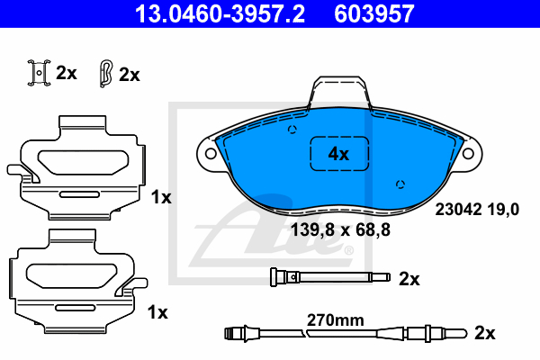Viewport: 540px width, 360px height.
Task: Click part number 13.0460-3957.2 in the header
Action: coord(220,13)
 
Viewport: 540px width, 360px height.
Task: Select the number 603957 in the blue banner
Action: coord(374,13)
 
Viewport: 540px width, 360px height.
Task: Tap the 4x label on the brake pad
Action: coord(338,154)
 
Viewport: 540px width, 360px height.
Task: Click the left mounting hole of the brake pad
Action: coord(211,153)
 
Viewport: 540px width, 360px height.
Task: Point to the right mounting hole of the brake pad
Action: coord(468,153)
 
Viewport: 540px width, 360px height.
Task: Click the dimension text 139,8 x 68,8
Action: coord(340,229)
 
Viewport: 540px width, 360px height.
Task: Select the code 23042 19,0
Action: coord(477,209)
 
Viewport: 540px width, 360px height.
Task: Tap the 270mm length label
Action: coord(336,320)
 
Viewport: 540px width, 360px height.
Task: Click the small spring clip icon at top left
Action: coord(39,73)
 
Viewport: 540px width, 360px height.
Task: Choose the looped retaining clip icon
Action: coord(105,74)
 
